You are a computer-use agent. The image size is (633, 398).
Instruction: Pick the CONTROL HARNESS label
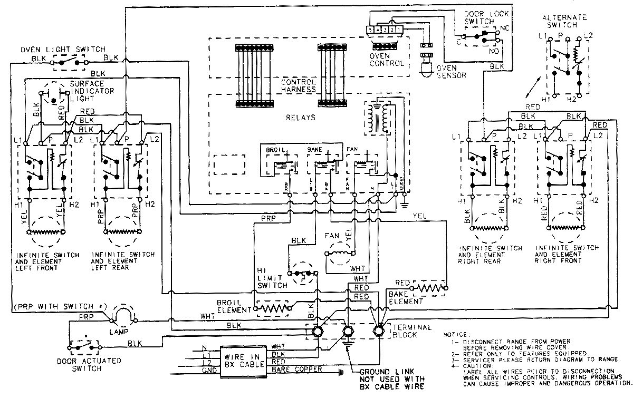pos(298,86)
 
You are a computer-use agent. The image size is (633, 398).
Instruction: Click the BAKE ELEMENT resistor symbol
pos(430,288)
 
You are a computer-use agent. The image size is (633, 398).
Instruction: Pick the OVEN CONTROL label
pos(387,59)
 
